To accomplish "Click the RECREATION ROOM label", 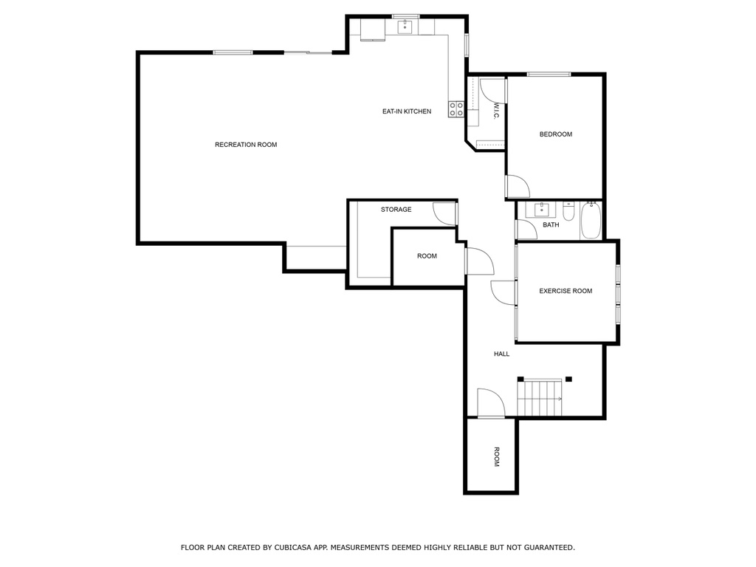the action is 246,145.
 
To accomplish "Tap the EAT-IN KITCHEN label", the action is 407,111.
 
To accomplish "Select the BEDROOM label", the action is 555,134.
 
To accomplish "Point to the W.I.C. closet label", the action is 496,111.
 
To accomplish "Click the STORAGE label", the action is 396,209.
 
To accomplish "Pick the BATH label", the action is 551,224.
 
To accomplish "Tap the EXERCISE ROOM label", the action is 566,291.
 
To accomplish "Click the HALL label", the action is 501,354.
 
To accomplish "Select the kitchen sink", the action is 405,27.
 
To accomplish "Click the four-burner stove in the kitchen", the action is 456,109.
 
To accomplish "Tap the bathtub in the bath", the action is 591,220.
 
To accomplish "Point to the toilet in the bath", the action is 569,211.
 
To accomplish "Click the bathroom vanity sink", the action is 541,210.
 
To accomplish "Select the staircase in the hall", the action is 540,397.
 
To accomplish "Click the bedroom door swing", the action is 518,186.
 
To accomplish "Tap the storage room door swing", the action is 444,213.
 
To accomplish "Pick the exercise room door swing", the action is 504,292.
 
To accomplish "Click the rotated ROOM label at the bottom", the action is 497,456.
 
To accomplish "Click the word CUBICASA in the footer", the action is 292,547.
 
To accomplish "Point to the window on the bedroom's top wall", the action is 549,75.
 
